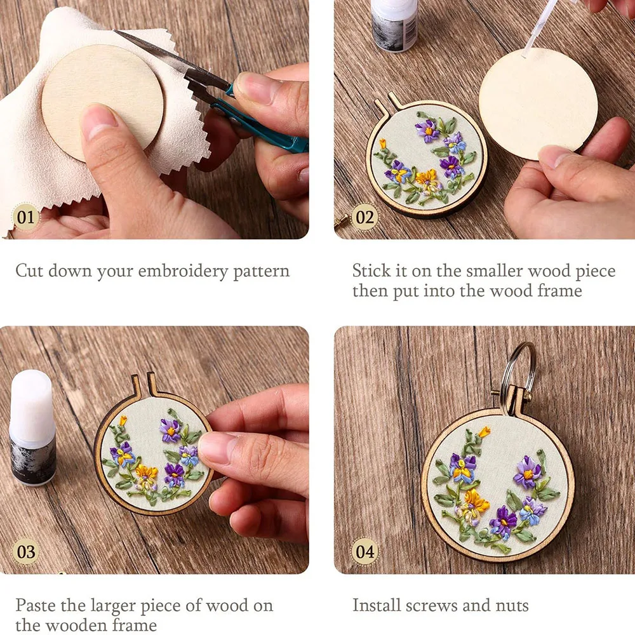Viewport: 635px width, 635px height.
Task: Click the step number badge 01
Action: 26,218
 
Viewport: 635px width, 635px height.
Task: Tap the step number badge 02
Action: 364,218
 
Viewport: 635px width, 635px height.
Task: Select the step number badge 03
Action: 26,551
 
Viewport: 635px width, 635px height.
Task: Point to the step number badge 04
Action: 364,551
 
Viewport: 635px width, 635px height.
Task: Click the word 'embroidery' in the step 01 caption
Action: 174,272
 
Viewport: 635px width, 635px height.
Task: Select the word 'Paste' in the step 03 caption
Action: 36,605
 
